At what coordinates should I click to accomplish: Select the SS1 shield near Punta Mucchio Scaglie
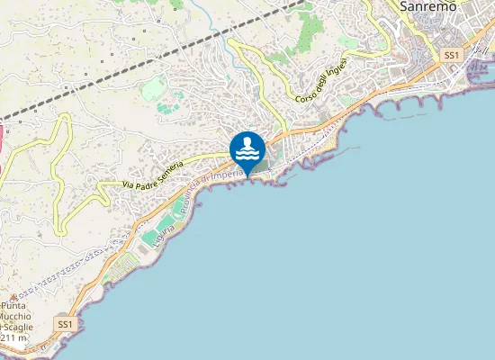click(64, 323)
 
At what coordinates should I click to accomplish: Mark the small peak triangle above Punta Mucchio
click(13, 296)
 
